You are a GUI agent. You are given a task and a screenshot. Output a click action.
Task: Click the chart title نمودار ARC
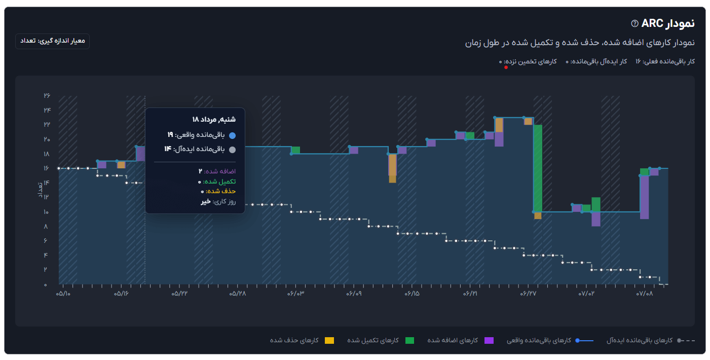pos(668,23)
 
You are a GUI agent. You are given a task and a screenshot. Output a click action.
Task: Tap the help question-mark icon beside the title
pos(634,23)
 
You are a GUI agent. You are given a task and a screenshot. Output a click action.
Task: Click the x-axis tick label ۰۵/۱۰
pos(63,294)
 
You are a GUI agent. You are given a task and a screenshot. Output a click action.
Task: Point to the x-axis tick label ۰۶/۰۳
pos(295,294)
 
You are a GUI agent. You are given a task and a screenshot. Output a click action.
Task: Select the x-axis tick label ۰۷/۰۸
pos(645,294)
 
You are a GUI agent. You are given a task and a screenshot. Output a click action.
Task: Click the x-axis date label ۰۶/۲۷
pos(529,294)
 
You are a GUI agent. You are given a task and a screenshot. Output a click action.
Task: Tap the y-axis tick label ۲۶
pos(47,96)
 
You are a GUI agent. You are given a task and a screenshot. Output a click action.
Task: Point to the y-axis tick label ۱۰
pos(47,212)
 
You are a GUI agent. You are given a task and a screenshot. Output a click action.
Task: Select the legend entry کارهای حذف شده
pos(294,340)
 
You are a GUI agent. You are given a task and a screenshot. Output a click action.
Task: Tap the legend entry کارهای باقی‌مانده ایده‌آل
pos(640,340)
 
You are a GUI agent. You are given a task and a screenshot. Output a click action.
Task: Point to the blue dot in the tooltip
pos(233,135)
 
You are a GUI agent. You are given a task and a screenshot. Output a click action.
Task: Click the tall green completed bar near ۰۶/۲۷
pos(538,167)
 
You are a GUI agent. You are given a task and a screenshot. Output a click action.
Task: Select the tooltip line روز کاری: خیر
pos(218,201)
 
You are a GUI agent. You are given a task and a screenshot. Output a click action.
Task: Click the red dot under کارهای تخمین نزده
pos(506,67)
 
